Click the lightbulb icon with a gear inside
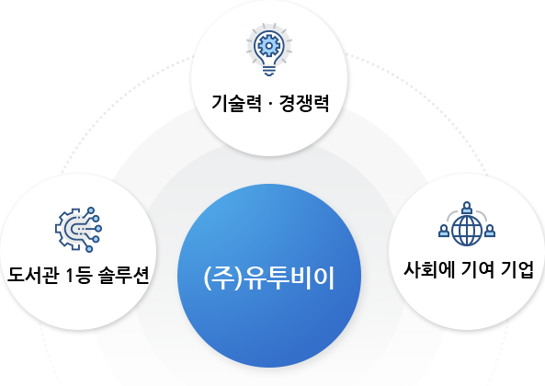coord(269,50)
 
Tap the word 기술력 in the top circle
coord(236,103)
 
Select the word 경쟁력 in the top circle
coord(304,103)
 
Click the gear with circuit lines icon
coord(78,230)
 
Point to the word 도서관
coord(33,275)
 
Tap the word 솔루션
coord(124,275)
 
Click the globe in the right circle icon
coord(467,230)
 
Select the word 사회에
coord(429,269)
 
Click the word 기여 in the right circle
coord(477,269)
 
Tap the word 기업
coord(517,269)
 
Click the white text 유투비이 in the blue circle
coord(289,278)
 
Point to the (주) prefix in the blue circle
coord(222,278)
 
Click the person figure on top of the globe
coord(467,208)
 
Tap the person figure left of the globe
coord(444,231)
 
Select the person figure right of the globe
coord(490,231)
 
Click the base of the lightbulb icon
coord(269,71)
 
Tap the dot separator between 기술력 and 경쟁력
coord(270,104)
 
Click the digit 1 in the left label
coord(70,276)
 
